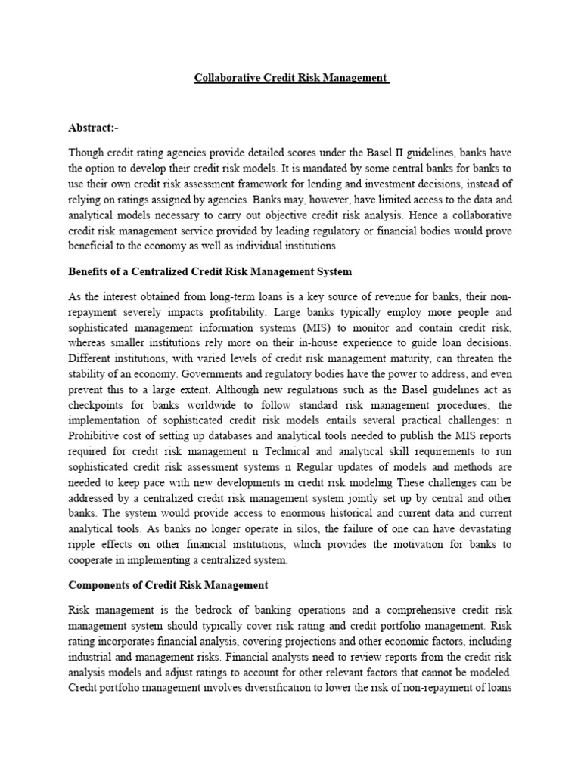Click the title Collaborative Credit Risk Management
pos(291,78)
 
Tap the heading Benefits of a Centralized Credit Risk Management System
pos(210,271)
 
